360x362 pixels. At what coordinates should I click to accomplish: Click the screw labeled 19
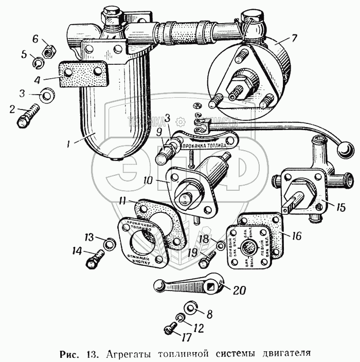click(x=205, y=261)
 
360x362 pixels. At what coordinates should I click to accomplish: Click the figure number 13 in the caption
click(x=92, y=354)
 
